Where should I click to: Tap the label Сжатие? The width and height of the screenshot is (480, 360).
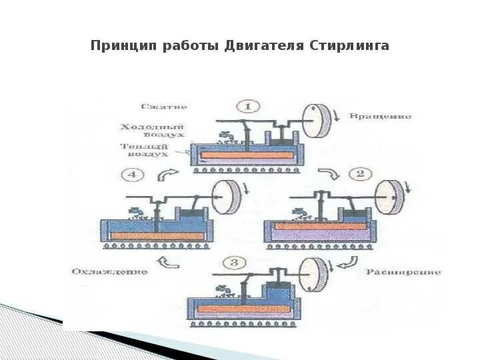pos(164,106)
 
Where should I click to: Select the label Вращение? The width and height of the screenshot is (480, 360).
pos(391,116)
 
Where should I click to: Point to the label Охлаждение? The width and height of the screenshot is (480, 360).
pos(109,271)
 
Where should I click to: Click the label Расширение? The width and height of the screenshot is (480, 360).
pos(403,272)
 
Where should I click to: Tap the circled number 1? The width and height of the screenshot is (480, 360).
pos(248,107)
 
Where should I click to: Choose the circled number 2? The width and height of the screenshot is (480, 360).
pos(361,175)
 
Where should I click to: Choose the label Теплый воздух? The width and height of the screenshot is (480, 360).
pos(144,150)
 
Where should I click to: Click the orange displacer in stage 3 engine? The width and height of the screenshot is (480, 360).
pos(233,309)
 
